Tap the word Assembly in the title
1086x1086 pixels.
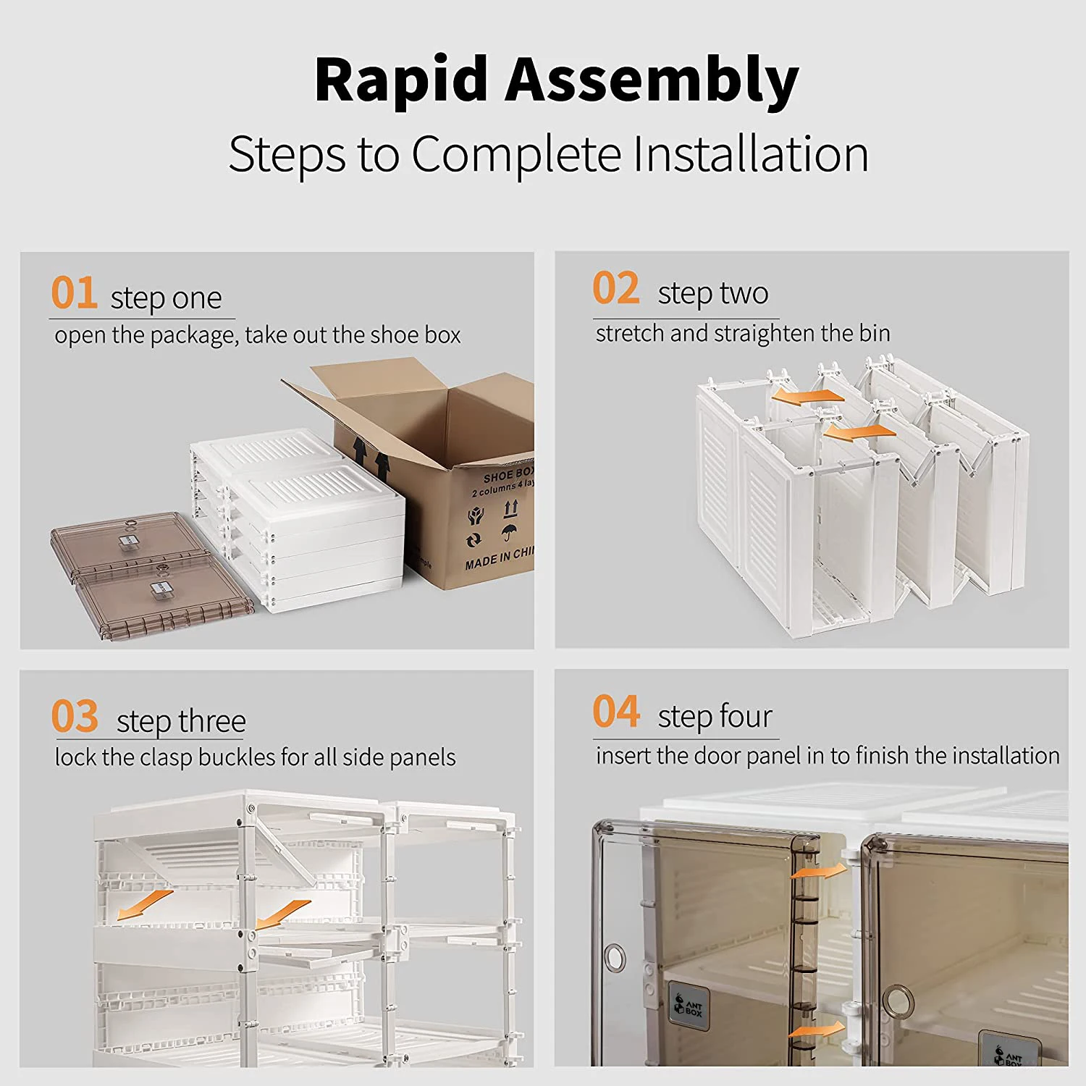tap(651, 80)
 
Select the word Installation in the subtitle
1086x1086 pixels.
tap(750, 154)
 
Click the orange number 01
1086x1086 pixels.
tap(74, 293)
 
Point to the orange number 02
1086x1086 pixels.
tap(615, 288)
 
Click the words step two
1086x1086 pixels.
tap(712, 293)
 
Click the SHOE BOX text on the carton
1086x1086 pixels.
tap(509, 474)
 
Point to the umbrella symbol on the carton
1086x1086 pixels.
tap(510, 533)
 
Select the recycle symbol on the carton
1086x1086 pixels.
tap(474, 540)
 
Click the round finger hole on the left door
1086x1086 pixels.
tap(615, 959)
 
